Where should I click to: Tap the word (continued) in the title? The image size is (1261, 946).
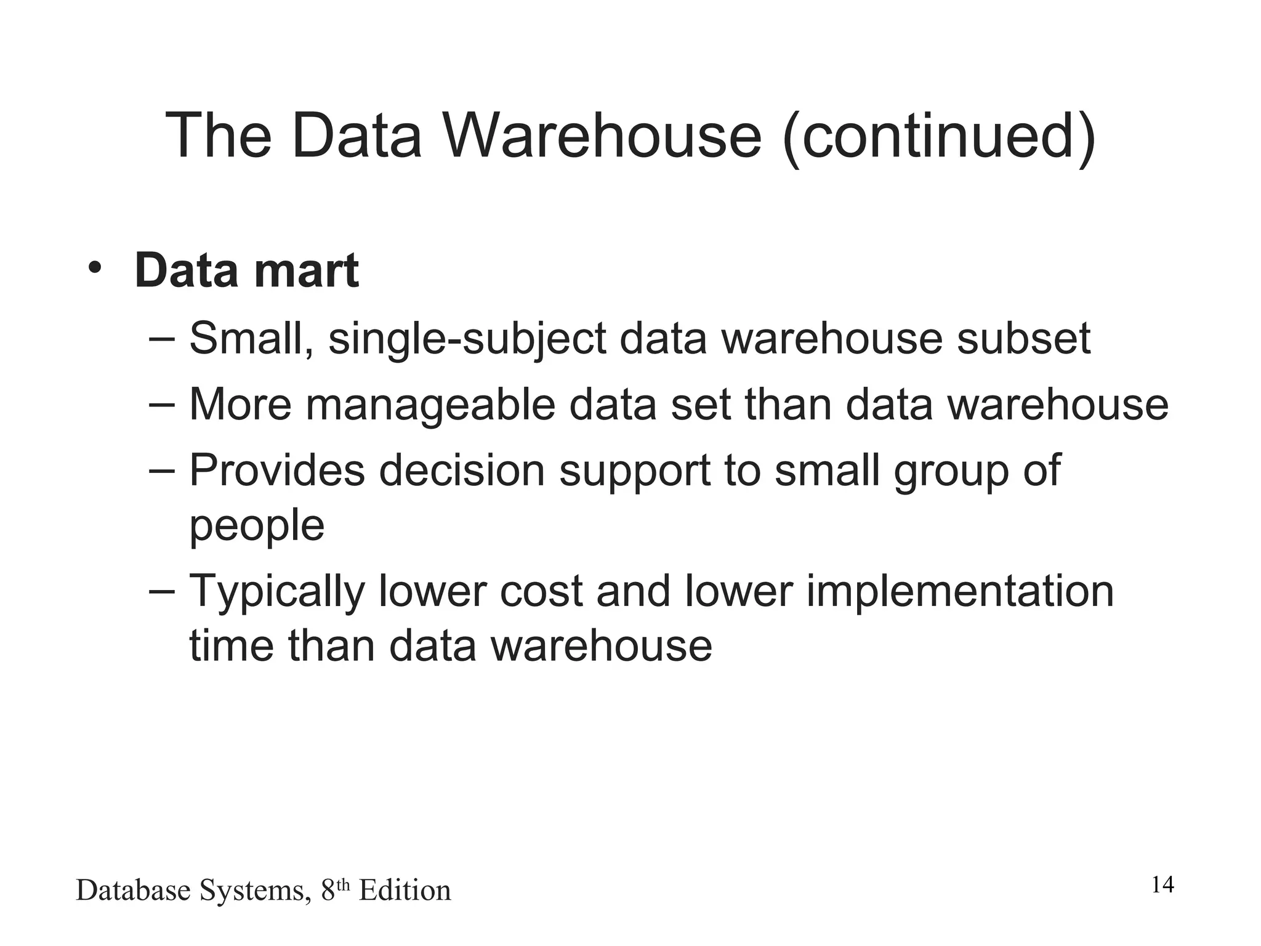click(x=940, y=137)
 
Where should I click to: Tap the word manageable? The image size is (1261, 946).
click(x=430, y=406)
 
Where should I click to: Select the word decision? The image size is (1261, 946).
click(x=462, y=471)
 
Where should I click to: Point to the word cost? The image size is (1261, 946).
click(x=541, y=591)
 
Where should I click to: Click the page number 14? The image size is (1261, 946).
click(x=1162, y=885)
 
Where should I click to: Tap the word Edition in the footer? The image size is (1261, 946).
click(x=405, y=891)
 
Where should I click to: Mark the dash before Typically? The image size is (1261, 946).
click(x=162, y=589)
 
